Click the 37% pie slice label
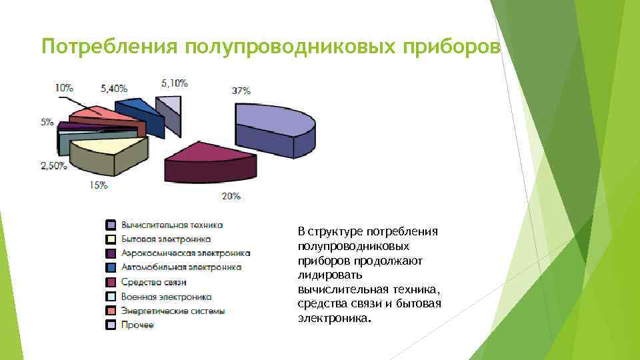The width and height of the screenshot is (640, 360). click(241, 91)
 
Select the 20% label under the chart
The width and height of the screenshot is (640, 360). click(231, 196)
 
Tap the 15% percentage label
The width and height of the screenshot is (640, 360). click(98, 185)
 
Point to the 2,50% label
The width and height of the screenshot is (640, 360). click(54, 166)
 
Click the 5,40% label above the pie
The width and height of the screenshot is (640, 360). click(114, 87)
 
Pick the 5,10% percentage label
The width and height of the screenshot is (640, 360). click(175, 83)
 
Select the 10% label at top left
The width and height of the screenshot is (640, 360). click(64, 87)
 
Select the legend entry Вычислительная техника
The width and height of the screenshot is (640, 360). click(171, 225)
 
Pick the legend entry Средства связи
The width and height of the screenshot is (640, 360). click(153, 282)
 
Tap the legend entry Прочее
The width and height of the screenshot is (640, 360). click(137, 325)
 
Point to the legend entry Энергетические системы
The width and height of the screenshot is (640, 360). click(173, 311)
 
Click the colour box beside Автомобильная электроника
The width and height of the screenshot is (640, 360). click(111, 268)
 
